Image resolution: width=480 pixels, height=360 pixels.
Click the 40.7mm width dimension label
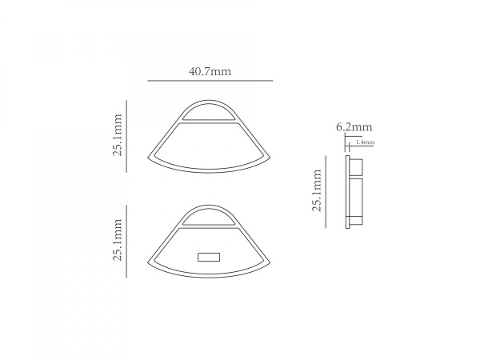(210, 71)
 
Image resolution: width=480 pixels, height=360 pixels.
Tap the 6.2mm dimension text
(354, 126)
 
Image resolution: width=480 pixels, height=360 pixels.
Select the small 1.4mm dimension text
(365, 142)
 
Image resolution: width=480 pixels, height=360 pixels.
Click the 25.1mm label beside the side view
(317, 190)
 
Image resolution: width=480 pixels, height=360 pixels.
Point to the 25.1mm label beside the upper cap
(118, 135)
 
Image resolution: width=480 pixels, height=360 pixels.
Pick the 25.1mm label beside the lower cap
(118, 240)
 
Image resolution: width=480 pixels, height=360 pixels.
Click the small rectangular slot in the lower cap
(209, 257)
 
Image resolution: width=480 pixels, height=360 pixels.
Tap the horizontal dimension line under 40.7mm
(210, 81)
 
